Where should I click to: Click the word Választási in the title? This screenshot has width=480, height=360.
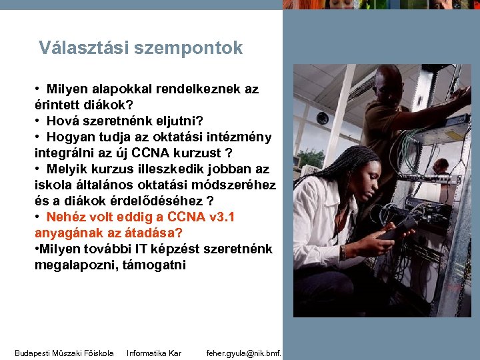[x=83, y=48]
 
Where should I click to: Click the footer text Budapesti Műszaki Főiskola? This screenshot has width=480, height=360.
[x=64, y=353]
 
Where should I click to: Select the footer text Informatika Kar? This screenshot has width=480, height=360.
[x=154, y=353]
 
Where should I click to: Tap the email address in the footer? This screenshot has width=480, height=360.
[x=244, y=353]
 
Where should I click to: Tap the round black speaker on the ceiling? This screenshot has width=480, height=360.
[x=323, y=118]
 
